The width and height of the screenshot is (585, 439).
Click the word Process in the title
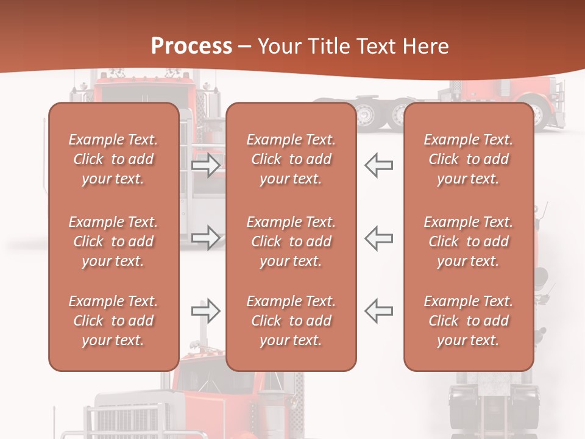tap(191, 46)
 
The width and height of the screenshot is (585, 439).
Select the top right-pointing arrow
tap(206, 165)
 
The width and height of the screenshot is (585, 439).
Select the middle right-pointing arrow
tap(206, 237)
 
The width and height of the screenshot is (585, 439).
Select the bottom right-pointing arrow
tap(206, 311)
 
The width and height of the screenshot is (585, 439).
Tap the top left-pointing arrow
tap(378, 165)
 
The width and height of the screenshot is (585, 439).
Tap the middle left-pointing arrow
tap(378, 237)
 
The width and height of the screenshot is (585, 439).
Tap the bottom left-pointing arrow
tap(378, 311)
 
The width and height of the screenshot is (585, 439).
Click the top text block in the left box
tap(113, 159)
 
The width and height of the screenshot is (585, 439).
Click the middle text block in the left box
tap(113, 241)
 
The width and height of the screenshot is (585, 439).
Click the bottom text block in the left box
tap(113, 321)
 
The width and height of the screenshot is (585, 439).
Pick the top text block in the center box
tap(291, 159)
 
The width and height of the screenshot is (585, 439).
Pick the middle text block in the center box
tap(291, 241)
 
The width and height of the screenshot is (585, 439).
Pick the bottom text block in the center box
tap(291, 321)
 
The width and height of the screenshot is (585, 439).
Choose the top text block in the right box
tap(468, 159)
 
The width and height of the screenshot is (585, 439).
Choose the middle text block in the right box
tap(468, 241)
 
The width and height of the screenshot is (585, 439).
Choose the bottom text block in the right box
tap(468, 321)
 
